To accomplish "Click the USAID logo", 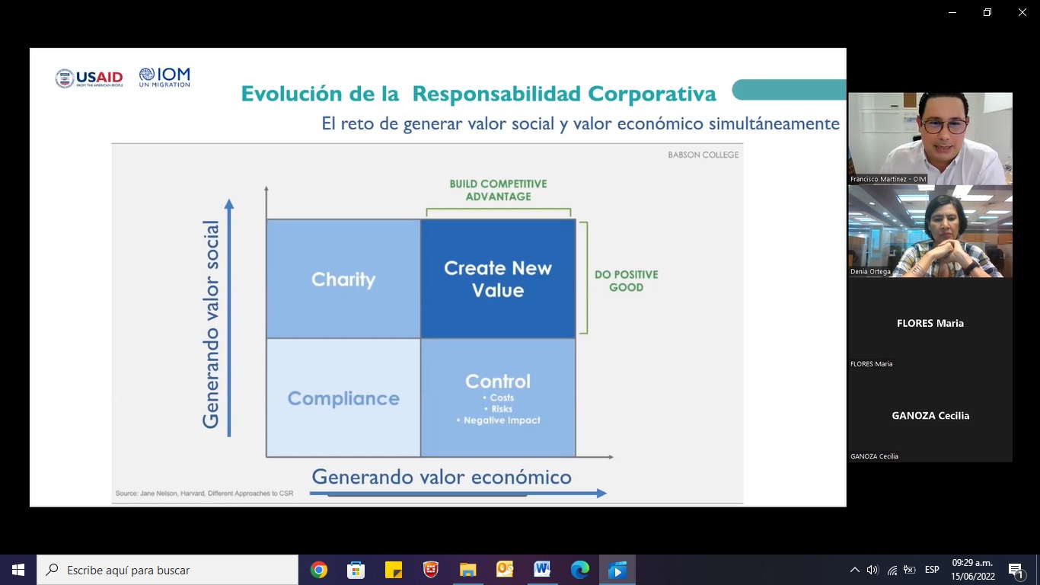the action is [x=88, y=78].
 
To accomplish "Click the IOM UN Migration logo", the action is [x=164, y=77].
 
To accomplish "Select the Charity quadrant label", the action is [x=343, y=280].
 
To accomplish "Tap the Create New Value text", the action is [x=498, y=279].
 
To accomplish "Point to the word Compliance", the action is [x=343, y=398].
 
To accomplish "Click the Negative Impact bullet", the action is [x=498, y=420].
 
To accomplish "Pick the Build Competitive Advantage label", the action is [x=498, y=190].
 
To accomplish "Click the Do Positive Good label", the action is [x=627, y=280].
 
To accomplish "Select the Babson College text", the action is [x=703, y=155].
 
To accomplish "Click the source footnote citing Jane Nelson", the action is [x=204, y=493].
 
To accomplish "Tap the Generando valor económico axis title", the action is [x=442, y=477].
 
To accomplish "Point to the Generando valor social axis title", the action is [x=210, y=324].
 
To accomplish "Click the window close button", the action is [x=1022, y=12].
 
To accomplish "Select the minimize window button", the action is [x=952, y=12].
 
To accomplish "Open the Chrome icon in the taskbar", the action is [x=318, y=570].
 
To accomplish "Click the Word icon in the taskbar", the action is [x=542, y=569].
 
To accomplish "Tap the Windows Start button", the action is [x=18, y=570].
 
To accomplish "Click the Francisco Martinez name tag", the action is [x=888, y=179].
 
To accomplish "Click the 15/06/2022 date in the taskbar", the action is [x=973, y=577].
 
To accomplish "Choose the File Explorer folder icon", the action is [x=467, y=570].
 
